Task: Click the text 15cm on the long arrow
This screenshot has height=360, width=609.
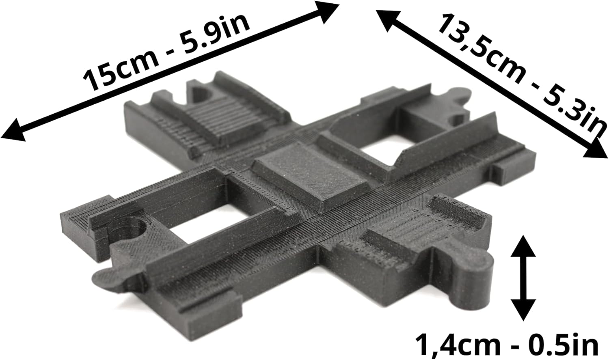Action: click(121, 68)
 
